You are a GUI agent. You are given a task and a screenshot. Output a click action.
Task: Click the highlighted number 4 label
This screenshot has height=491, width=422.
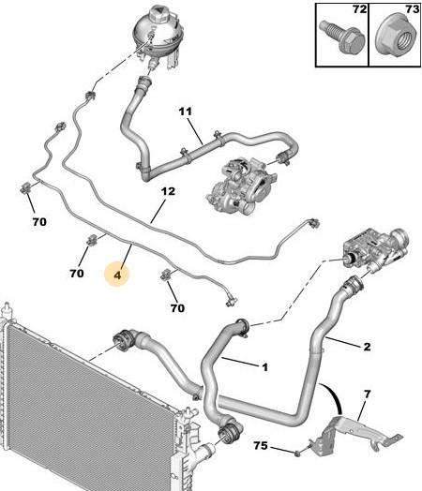(x=117, y=275)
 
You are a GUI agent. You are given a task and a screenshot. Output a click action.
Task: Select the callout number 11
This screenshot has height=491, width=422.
(x=186, y=112)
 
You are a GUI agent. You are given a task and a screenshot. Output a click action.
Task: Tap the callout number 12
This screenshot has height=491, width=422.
(x=168, y=191)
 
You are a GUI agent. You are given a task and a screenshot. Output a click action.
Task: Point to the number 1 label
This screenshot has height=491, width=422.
(x=265, y=367)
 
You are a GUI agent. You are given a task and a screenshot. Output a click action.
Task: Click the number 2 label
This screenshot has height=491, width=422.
(x=368, y=347)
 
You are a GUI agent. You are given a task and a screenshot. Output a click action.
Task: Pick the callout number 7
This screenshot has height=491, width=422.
(x=368, y=394)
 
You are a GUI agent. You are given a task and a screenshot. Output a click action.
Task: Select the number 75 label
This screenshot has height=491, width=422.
(x=261, y=445)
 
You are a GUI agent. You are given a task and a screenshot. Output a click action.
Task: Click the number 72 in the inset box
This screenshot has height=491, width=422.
(x=359, y=9)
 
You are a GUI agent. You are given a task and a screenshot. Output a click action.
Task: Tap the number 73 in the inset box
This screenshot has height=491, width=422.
(x=412, y=9)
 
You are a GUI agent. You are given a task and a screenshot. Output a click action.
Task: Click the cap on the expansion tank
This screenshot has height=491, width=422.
(x=158, y=13)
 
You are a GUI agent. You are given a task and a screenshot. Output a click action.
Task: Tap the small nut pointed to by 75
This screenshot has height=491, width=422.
(x=297, y=454)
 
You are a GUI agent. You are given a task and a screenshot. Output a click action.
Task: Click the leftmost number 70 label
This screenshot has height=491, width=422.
(x=39, y=222)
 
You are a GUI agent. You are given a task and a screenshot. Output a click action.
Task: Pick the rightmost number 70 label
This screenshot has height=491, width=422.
(x=177, y=308)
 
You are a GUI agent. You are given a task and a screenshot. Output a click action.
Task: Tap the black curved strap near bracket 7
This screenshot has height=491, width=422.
(x=335, y=397)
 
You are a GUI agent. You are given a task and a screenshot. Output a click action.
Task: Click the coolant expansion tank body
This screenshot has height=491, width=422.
(x=158, y=37)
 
